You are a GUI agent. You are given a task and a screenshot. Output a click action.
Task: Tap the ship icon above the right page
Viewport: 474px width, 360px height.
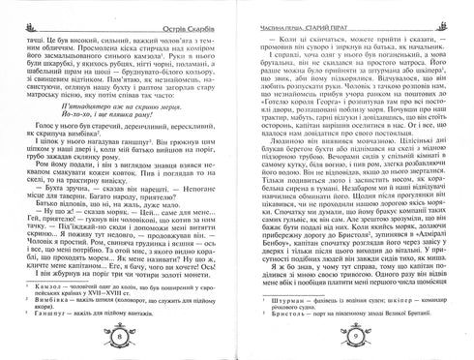pos(461,8)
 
